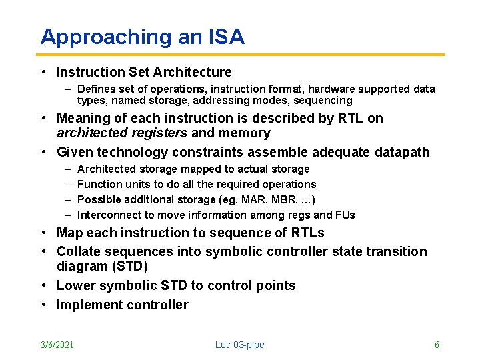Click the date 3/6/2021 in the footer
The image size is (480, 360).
point(57,345)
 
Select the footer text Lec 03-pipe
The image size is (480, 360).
point(240,345)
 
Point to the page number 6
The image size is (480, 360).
point(437,345)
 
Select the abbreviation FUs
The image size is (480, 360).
point(345,215)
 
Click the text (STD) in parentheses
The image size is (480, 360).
point(130,266)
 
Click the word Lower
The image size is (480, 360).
point(76,285)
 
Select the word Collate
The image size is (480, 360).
point(79,251)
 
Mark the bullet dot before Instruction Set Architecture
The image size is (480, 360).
point(44,72)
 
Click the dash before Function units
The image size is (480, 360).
point(69,185)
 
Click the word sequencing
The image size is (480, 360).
point(323,101)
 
